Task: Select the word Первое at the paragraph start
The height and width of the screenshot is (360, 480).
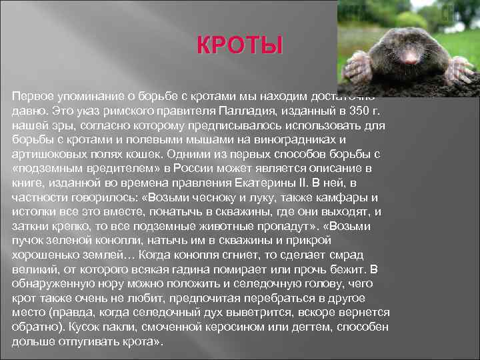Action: pos(33,97)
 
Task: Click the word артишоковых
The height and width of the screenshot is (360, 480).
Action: pos(45,153)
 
